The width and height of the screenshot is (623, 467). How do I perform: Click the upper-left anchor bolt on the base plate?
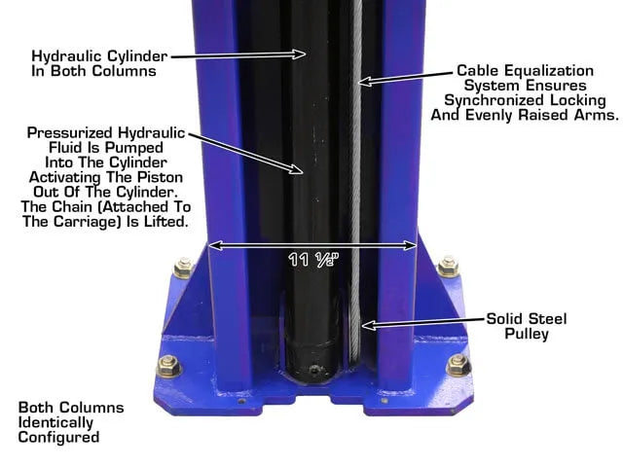tap(184, 269)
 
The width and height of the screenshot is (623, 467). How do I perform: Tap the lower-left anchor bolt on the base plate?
tap(168, 366)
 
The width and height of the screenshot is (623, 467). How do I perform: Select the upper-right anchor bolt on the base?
tap(448, 267)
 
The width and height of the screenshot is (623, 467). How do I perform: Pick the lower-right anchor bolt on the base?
tap(458, 365)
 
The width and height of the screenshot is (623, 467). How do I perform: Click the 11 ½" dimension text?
tap(313, 260)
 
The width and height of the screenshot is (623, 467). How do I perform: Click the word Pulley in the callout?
tap(527, 334)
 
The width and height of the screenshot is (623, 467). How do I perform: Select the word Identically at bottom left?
tap(55, 422)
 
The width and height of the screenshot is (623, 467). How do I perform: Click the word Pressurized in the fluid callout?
tap(70, 132)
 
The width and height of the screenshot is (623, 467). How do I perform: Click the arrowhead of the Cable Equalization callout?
tap(363, 82)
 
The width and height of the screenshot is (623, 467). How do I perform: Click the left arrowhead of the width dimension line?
tap(215, 245)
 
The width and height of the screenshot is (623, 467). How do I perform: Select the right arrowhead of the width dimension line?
tap(410, 245)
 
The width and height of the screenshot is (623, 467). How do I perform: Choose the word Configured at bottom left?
tap(58, 438)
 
